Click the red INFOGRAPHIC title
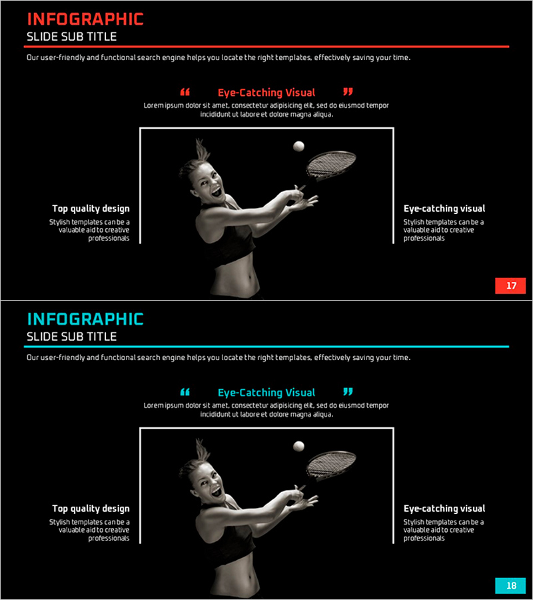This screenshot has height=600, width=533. click(85, 19)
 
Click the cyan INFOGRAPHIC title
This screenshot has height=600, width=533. click(85, 319)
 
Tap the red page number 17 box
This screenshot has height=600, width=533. click(510, 285)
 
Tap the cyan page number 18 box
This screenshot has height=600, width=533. click(510, 585)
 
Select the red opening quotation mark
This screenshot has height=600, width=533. click(185, 92)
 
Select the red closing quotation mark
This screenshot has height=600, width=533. click(348, 91)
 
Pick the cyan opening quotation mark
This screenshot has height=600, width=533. click(185, 392)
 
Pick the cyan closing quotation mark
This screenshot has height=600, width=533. click(348, 391)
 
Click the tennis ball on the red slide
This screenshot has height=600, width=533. click(298, 146)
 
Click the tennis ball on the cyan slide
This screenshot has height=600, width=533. click(298, 446)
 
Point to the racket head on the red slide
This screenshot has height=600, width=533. click(331, 164)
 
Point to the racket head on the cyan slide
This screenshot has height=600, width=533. click(331, 464)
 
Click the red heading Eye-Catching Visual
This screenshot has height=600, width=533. click(266, 93)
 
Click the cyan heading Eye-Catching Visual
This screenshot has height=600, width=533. click(266, 393)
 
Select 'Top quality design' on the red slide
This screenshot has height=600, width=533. click(91, 209)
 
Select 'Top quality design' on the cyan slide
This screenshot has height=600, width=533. click(91, 509)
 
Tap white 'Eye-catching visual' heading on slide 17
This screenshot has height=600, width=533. click(444, 209)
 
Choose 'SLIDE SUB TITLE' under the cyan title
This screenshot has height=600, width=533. click(71, 337)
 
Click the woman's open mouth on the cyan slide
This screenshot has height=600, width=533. click(217, 491)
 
